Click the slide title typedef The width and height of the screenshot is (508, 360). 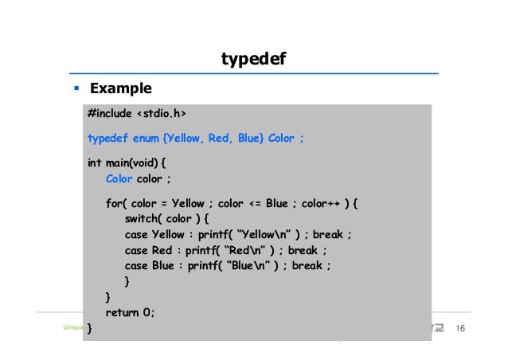(253, 59)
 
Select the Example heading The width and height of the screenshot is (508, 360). (120, 88)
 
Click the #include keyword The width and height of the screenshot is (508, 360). (110, 113)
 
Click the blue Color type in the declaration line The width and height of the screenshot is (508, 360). (119, 178)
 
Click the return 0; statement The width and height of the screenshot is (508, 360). (131, 312)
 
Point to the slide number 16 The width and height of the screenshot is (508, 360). (459, 329)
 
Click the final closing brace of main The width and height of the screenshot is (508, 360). (90, 328)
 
